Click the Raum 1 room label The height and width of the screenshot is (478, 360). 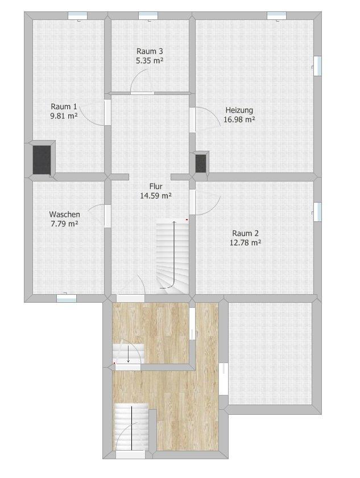[64, 107]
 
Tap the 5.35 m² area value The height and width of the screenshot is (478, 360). [150, 61]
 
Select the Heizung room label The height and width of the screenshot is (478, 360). [239, 110]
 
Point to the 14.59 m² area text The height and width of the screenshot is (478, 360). [156, 196]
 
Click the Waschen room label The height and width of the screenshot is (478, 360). [65, 215]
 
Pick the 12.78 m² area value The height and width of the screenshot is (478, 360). [246, 242]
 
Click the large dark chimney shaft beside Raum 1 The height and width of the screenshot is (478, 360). [42, 160]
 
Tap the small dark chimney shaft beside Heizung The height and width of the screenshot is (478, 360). [201, 164]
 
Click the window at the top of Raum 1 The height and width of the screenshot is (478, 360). [77, 16]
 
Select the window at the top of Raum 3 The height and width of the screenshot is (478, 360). [148, 16]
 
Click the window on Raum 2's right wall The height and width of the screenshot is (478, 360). [317, 212]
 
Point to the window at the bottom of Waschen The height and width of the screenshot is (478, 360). [67, 298]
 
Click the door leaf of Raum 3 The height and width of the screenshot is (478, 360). [142, 93]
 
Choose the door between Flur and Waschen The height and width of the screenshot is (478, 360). [107, 216]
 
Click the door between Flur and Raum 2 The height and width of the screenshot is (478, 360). [192, 202]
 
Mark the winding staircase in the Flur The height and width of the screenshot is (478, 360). [172, 257]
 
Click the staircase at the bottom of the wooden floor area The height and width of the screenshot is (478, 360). [131, 427]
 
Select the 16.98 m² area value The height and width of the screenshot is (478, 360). [239, 120]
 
